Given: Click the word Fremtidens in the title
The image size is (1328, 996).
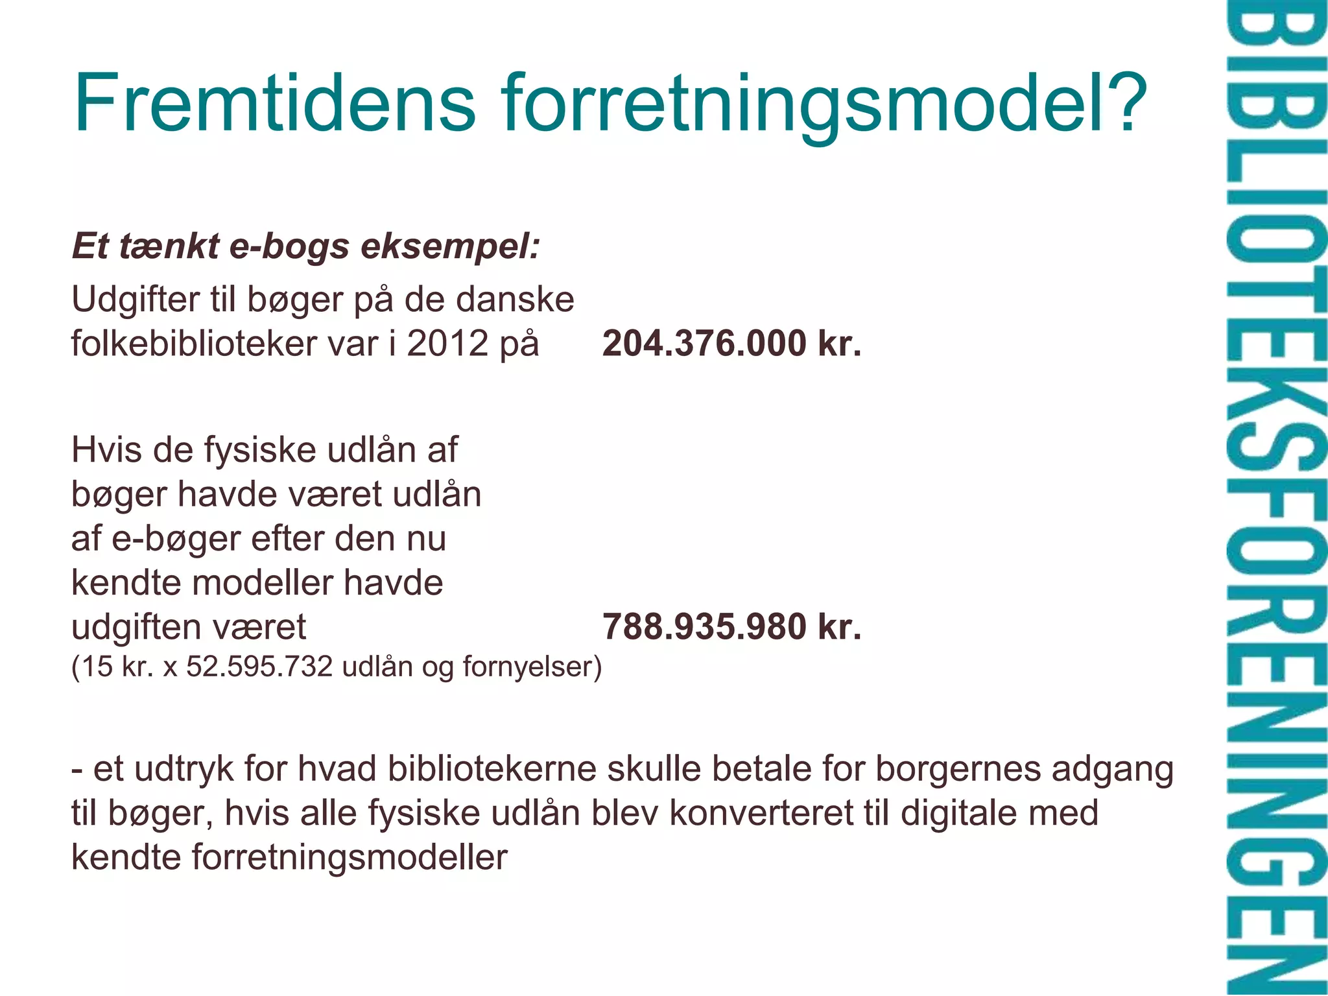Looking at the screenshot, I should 275,104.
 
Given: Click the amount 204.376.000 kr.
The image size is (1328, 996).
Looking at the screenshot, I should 731,344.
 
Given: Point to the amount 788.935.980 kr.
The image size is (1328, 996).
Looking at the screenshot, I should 731,627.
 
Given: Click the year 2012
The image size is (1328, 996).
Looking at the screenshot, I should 447,344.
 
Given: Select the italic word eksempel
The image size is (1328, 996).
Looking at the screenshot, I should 450,248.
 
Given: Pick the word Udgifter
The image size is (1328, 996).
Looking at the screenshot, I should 136,300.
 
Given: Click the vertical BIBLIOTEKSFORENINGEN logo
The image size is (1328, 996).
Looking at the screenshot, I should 1275,498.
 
